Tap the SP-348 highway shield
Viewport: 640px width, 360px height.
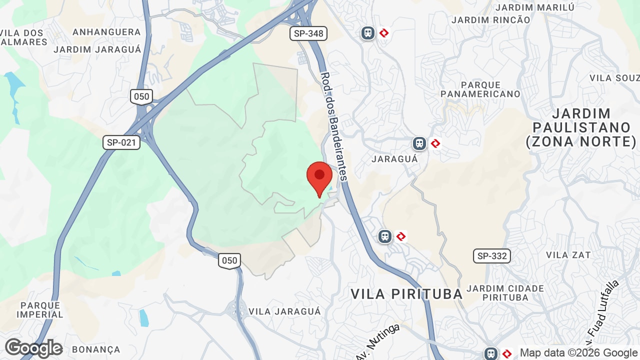tap(308, 33)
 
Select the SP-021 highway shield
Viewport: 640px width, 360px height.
tap(121, 142)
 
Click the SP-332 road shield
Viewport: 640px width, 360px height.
tap(492, 256)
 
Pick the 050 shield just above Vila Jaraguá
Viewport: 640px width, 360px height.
tap(229, 260)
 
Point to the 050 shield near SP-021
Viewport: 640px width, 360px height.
tap(141, 96)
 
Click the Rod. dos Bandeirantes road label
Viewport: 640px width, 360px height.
tap(333, 126)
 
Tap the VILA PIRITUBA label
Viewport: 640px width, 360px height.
tap(407, 294)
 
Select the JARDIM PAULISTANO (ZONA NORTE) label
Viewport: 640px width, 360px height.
tap(581, 127)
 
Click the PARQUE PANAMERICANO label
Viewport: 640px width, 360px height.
tap(480, 89)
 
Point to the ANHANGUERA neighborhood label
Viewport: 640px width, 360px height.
tap(106, 32)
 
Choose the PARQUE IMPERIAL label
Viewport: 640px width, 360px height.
tap(40, 310)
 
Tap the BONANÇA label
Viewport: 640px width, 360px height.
tap(96, 349)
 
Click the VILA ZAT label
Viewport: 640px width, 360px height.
tap(568, 255)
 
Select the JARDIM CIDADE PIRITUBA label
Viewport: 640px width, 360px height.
tap(505, 293)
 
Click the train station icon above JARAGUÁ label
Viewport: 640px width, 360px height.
tap(419, 143)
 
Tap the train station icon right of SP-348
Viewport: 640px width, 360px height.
tap(368, 33)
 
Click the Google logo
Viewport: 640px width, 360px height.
tap(33, 348)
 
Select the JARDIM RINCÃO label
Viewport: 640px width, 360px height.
tap(490, 20)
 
